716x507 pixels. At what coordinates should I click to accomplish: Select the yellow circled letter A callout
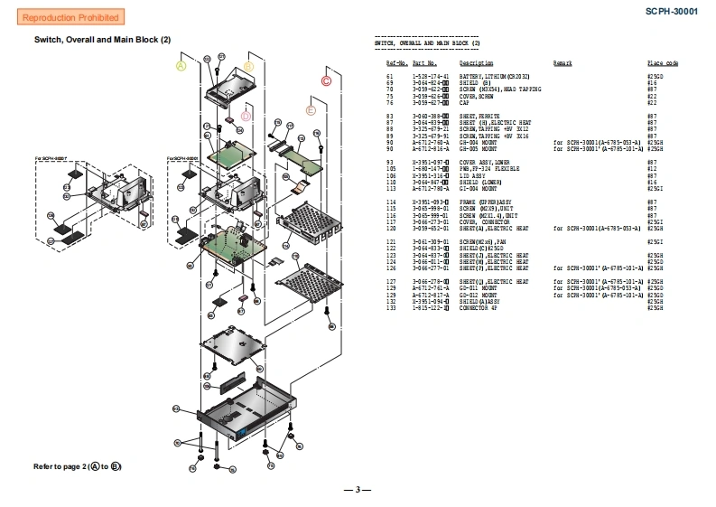181,66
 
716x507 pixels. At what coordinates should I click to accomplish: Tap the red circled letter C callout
326,80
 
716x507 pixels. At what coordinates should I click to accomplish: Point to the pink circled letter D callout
246,116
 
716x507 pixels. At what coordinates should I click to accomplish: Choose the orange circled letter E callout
312,110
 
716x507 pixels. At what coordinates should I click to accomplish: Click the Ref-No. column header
396,63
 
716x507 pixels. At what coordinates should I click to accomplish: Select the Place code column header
662,63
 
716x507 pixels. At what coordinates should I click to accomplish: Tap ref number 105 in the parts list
391,168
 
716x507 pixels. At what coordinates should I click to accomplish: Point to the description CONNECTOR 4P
479,309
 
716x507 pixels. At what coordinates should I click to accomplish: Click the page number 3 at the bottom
358,490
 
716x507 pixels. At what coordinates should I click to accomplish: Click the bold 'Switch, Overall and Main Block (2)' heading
102,40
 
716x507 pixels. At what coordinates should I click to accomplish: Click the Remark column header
563,63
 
